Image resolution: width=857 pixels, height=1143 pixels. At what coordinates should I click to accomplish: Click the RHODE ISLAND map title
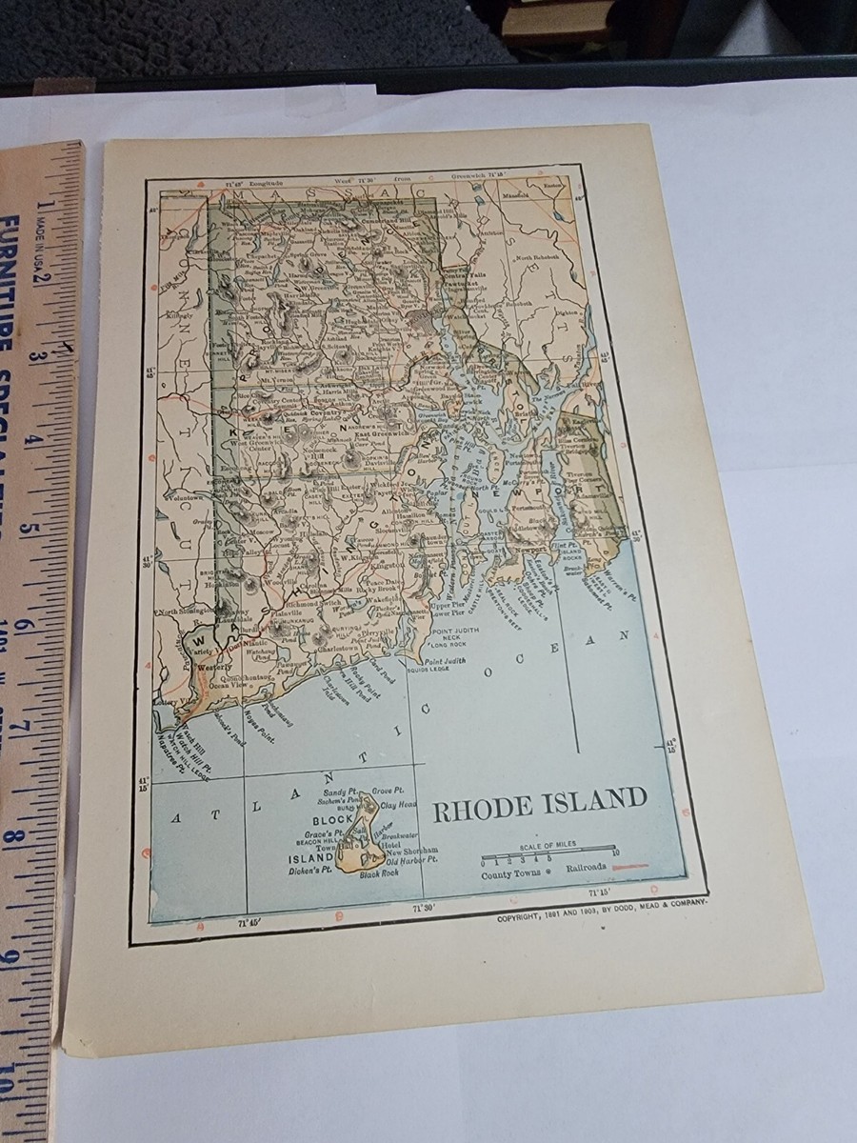point(540,799)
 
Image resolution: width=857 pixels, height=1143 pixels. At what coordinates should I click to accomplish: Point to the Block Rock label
point(378,875)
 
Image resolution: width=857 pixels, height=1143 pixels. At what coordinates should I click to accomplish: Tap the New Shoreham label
point(411,850)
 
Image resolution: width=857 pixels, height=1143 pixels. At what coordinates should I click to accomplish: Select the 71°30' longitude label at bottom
point(425,908)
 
